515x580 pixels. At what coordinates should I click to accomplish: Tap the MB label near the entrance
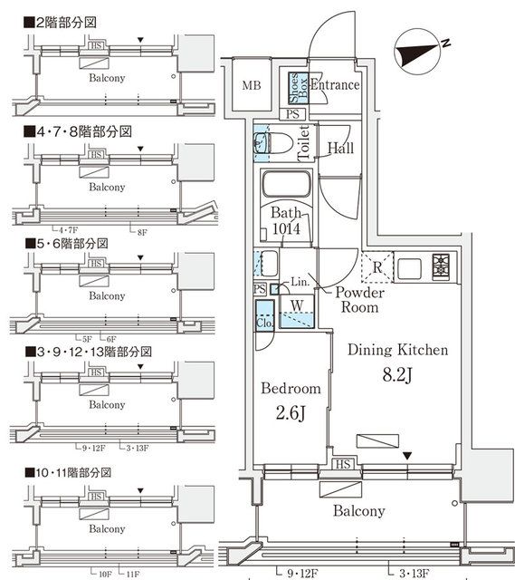pyautogui.click(x=253, y=86)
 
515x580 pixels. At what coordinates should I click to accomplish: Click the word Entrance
pyautogui.click(x=335, y=85)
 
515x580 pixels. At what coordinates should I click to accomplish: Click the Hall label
pyautogui.click(x=340, y=148)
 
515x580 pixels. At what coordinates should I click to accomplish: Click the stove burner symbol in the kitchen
pyautogui.click(x=442, y=266)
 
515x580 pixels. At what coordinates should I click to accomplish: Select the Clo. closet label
pyautogui.click(x=265, y=322)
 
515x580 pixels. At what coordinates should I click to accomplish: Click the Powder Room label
pyautogui.click(x=360, y=300)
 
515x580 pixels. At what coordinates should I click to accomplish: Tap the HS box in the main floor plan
pyautogui.click(x=343, y=465)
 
